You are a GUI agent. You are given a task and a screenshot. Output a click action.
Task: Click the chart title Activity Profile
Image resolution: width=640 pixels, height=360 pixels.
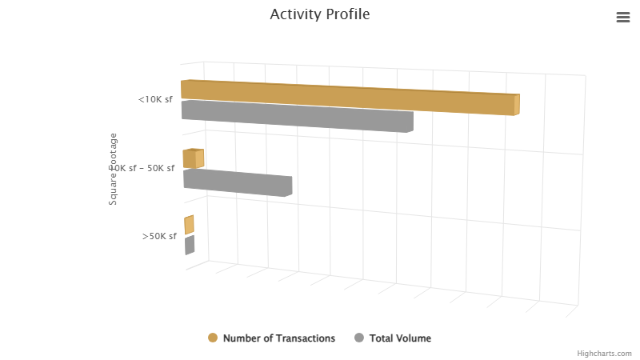pyautogui.click(x=320, y=14)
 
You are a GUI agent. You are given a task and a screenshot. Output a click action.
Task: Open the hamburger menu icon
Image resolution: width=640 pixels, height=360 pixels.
pyautogui.click(x=623, y=18)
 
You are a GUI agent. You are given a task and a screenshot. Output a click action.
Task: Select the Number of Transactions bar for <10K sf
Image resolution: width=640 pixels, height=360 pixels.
pyautogui.click(x=344, y=97)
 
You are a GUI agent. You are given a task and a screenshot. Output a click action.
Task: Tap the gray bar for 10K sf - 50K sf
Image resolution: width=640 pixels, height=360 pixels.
pyautogui.click(x=236, y=182)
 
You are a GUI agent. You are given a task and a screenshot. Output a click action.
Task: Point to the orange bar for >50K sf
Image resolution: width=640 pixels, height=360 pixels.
pyautogui.click(x=189, y=225)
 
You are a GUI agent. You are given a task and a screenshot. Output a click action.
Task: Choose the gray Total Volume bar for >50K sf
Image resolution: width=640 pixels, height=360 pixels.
pyautogui.click(x=190, y=245)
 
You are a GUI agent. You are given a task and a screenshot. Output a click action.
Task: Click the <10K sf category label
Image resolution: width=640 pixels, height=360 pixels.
pyautogui.click(x=155, y=100)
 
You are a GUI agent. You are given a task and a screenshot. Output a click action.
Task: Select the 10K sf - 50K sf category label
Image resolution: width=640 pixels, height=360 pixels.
pyautogui.click(x=144, y=168)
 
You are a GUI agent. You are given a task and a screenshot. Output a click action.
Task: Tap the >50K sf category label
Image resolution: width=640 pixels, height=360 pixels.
pyautogui.click(x=159, y=236)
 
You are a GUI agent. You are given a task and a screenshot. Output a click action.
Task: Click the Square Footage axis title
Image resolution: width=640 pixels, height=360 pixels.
pyautogui.click(x=113, y=169)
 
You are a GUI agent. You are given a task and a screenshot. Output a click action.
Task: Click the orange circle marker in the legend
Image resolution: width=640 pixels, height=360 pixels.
pyautogui.click(x=213, y=338)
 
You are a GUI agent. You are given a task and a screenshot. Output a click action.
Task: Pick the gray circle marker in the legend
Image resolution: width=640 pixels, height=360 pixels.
pyautogui.click(x=359, y=338)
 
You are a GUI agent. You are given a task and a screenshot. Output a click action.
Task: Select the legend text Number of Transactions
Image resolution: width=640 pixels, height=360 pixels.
pyautogui.click(x=279, y=338)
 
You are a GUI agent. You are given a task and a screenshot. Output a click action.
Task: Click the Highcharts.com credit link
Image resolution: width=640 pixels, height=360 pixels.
pyautogui.click(x=604, y=353)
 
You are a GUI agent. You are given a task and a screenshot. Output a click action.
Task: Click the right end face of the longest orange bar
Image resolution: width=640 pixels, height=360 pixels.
pyautogui.click(x=517, y=105)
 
